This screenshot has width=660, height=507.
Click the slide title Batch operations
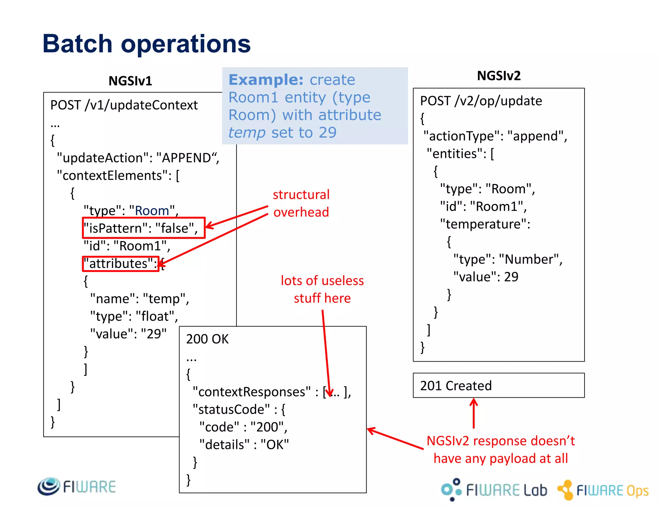147,44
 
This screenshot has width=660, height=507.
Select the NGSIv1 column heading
130,81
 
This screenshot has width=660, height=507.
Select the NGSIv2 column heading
499,76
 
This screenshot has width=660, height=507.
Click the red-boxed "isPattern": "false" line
143,228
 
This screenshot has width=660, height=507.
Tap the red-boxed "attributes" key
121,264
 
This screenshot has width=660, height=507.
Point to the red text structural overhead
301,203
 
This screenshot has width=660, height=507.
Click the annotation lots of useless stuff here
322,289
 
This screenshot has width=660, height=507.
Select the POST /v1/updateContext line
124,105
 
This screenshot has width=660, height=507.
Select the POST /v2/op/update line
481,101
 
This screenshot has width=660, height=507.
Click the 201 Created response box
498,385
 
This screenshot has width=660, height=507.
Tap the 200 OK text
207,339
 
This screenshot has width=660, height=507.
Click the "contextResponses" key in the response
252,392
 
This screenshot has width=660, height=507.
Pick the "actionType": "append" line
495,136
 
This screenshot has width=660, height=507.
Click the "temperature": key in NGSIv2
485,224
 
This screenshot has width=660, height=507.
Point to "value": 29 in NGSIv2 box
486,277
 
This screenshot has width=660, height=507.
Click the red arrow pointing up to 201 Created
473,414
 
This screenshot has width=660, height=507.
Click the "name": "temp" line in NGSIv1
140,299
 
